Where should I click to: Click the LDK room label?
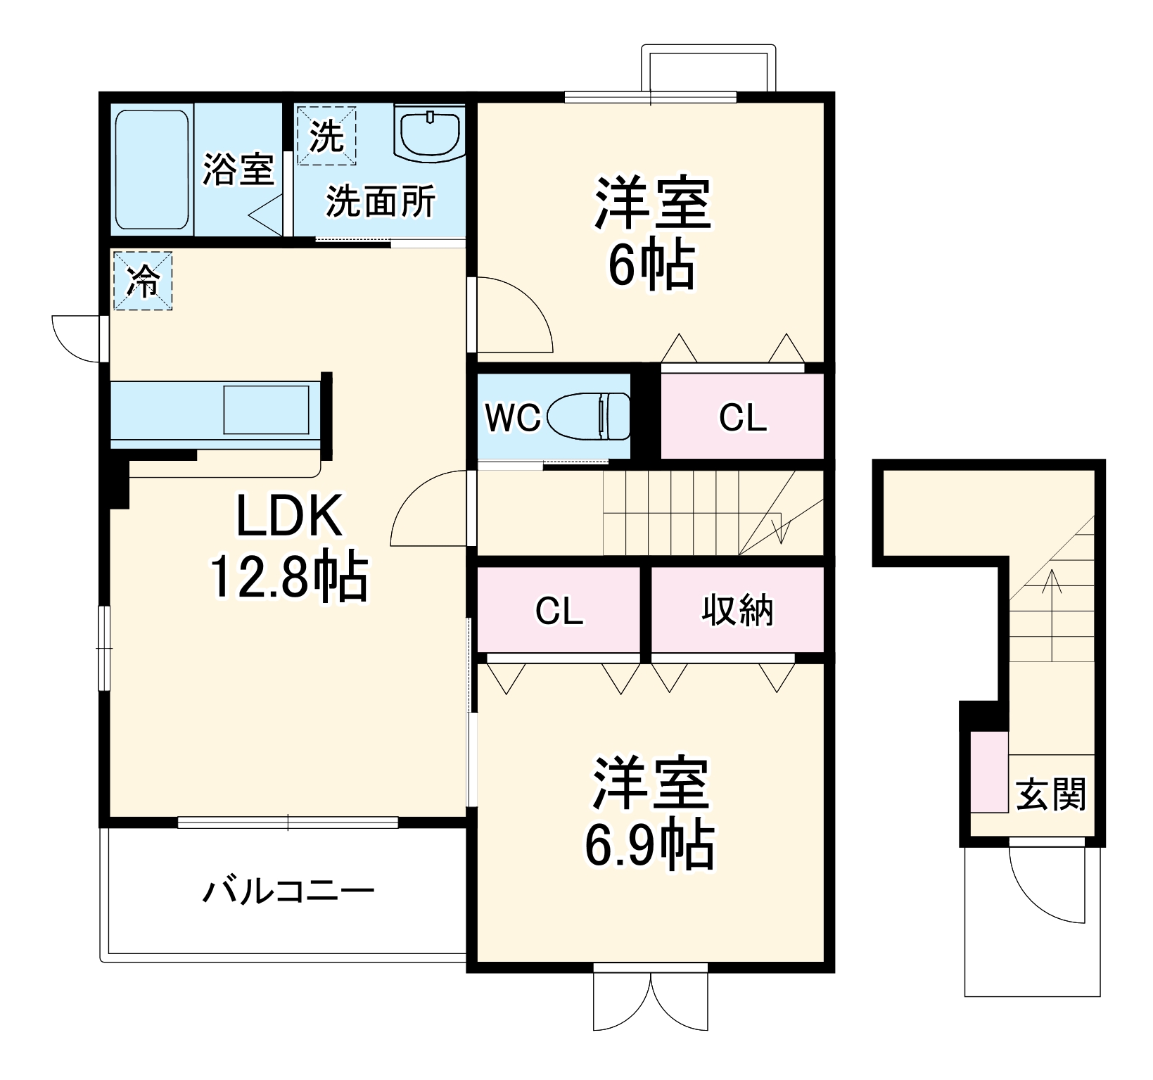point(289,516)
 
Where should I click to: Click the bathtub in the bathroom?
point(152,169)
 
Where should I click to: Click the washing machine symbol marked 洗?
point(326,136)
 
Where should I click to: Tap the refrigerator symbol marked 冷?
point(143,281)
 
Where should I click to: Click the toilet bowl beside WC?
point(589,417)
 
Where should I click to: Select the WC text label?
point(513,418)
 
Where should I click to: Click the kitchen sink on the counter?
point(266,409)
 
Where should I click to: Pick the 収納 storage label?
point(737,610)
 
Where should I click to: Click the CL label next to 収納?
point(559,611)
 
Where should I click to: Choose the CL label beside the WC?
point(743,418)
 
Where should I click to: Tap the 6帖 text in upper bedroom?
point(651,265)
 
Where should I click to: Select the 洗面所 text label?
point(380,202)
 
